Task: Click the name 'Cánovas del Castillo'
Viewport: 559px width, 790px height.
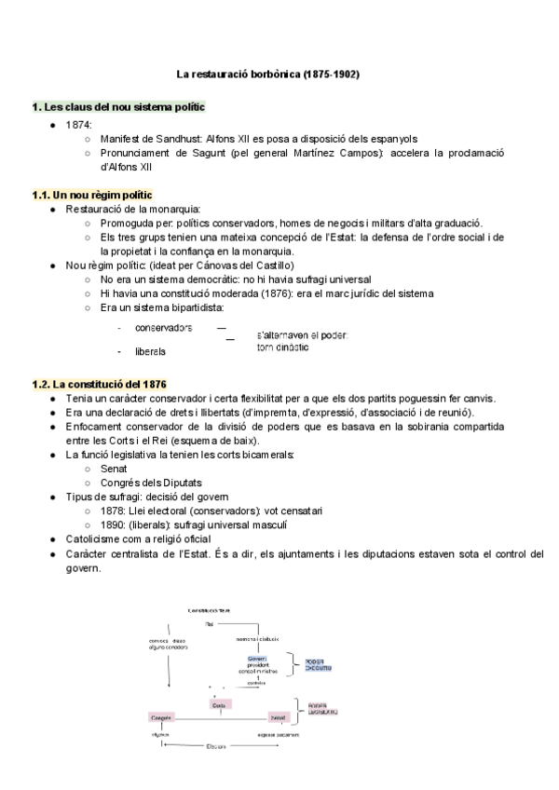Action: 226,265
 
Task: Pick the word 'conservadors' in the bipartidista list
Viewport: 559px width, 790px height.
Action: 163,328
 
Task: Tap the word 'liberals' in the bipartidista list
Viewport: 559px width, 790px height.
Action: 150,352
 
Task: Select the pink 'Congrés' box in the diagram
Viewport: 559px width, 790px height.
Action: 161,717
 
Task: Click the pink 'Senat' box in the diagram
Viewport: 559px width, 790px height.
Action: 277,717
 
